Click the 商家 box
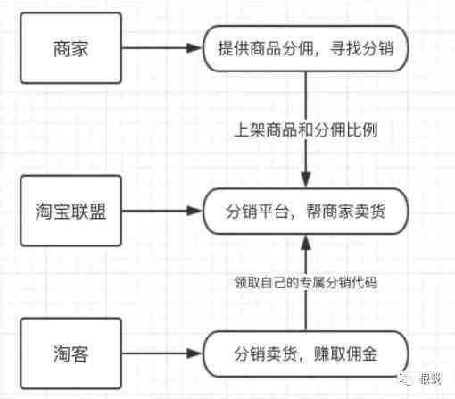tap(70, 48)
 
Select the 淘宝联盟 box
tap(70, 211)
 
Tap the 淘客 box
tap(70, 353)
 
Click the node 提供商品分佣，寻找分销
tap(306, 48)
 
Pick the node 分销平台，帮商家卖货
tap(306, 212)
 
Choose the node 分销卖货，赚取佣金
tap(306, 353)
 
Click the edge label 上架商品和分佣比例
tap(306, 130)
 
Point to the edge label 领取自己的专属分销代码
tap(306, 282)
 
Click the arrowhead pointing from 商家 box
tap(194, 48)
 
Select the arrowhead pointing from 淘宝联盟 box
tap(194, 211)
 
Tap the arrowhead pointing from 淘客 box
tap(194, 353)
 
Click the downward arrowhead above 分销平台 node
tap(306, 179)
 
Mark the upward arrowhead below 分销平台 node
tap(306, 243)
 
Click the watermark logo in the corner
tap(405, 378)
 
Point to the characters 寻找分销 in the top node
tap(361, 48)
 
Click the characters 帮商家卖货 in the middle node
tap(346, 212)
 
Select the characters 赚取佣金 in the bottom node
tap(346, 353)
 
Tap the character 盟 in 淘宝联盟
tap(97, 212)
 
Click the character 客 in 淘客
tap(79, 353)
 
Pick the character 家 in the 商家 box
tap(79, 48)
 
